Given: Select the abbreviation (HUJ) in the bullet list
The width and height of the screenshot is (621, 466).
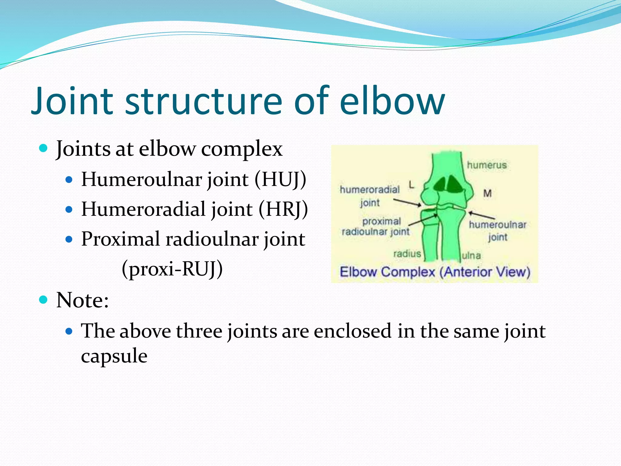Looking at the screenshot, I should point(280,179).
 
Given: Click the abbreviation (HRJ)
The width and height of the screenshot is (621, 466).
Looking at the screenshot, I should point(283,209).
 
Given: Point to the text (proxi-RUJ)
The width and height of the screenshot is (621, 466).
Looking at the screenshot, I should point(172,269).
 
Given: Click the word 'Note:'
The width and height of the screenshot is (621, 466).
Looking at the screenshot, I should point(82,300).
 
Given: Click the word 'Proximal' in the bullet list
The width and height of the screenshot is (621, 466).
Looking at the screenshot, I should point(120,239).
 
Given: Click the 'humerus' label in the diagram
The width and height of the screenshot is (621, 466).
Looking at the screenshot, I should point(487,165).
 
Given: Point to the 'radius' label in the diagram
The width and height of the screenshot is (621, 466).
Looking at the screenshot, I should point(407,254).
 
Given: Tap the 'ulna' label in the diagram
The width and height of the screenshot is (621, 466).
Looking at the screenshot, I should point(471,256).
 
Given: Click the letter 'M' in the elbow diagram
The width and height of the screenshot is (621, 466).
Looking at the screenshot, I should point(487,193).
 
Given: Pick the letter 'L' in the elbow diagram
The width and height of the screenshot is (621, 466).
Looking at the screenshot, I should point(411,184).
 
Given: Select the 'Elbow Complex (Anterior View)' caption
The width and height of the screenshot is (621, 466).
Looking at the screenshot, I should point(435,272).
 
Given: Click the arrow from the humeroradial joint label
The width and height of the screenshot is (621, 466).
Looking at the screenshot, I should point(407,202).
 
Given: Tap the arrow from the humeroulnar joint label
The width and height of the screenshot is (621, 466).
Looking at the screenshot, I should point(482,215).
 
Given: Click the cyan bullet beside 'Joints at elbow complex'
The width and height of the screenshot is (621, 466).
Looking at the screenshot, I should point(44,149).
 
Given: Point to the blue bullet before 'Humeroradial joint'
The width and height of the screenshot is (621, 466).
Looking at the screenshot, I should point(69,210).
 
